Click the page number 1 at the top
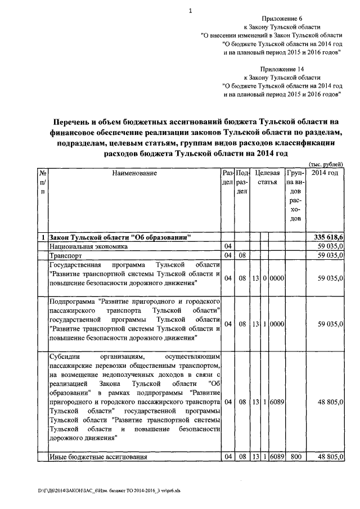[x=191, y=10]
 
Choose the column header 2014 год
[x=325, y=173]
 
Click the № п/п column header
[x=43, y=182]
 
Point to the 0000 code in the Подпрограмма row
[x=277, y=324]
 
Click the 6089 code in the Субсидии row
[x=277, y=403]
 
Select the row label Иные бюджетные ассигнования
[x=98, y=457]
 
